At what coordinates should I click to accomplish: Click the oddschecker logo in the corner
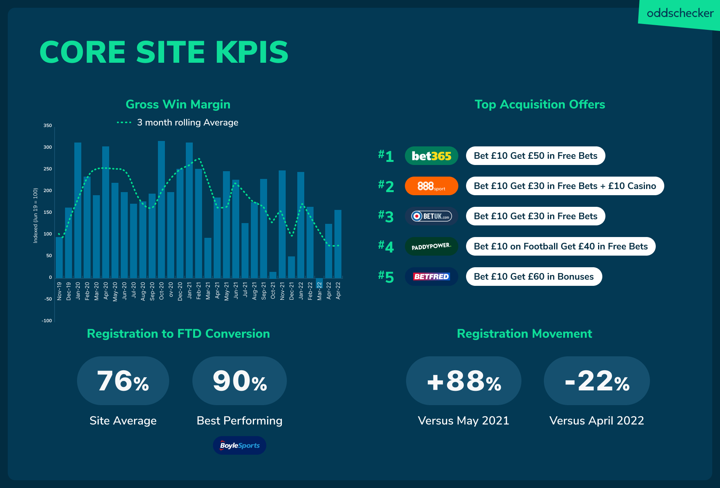pyautogui.click(x=680, y=14)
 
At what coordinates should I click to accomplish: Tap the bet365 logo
pyautogui.click(x=431, y=156)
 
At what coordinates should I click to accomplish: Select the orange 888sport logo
pyautogui.click(x=431, y=186)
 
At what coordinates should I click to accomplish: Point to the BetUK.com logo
pyautogui.click(x=431, y=216)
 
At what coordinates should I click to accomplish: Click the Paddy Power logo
pyautogui.click(x=431, y=246)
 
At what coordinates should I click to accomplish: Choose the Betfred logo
pyautogui.click(x=431, y=277)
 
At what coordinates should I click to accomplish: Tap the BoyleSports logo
pyautogui.click(x=240, y=445)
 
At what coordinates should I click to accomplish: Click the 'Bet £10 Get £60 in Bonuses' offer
pyautogui.click(x=534, y=277)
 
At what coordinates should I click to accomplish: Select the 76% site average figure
pyautogui.click(x=123, y=381)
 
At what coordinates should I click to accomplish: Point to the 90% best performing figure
pyautogui.click(x=240, y=381)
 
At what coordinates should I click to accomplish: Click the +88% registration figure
pyautogui.click(x=464, y=381)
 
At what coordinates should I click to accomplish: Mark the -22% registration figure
pyautogui.click(x=597, y=381)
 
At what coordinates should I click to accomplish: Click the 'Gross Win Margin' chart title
pyautogui.click(x=178, y=104)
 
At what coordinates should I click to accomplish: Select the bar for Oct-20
pyautogui.click(x=161, y=209)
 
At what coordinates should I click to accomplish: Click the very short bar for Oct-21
pyautogui.click(x=273, y=275)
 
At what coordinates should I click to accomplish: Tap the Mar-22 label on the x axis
pyautogui.click(x=319, y=291)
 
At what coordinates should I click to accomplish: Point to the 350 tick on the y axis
pyautogui.click(x=48, y=125)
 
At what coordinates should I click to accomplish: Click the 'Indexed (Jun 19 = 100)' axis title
pyautogui.click(x=36, y=215)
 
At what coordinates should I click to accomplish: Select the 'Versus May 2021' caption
pyautogui.click(x=464, y=421)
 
